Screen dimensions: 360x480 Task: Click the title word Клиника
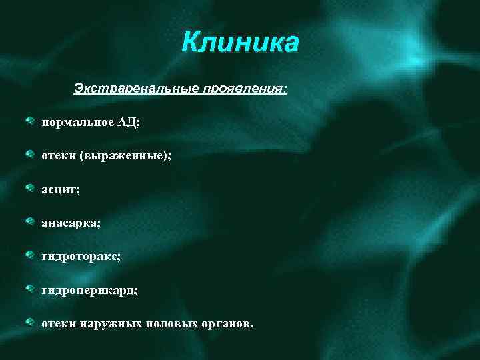click(241, 43)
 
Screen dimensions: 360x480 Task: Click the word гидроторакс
click(81, 257)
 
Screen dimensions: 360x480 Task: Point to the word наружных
click(111, 323)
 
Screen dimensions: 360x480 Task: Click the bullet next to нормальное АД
click(31, 121)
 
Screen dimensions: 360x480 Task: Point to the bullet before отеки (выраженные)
click(31, 155)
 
